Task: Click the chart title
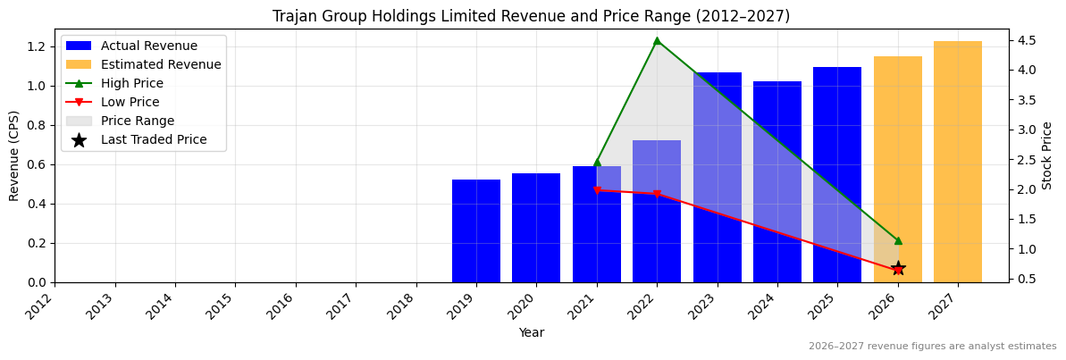pyautogui.click(x=531, y=16)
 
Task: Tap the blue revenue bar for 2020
pyautogui.click(x=536, y=228)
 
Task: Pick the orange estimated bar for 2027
pyautogui.click(x=957, y=162)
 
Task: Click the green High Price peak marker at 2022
pyautogui.click(x=657, y=40)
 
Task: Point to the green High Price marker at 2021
pyautogui.click(x=597, y=162)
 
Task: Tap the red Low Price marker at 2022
pyautogui.click(x=657, y=194)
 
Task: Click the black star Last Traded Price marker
pyautogui.click(x=898, y=268)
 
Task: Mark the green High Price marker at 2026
pyautogui.click(x=898, y=240)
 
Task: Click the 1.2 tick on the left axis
pyautogui.click(x=38, y=46)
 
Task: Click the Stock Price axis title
pyautogui.click(x=1047, y=155)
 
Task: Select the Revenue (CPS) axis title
pyautogui.click(x=14, y=155)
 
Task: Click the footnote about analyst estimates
pyautogui.click(x=932, y=347)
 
